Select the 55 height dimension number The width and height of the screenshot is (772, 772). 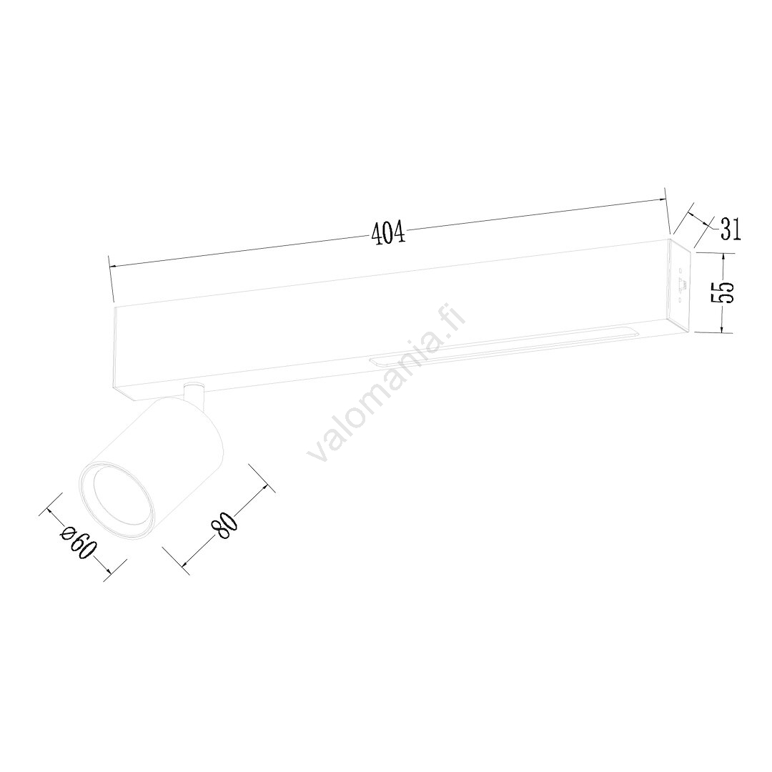pos(729,293)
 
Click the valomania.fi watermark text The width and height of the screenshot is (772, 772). pos(387,382)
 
